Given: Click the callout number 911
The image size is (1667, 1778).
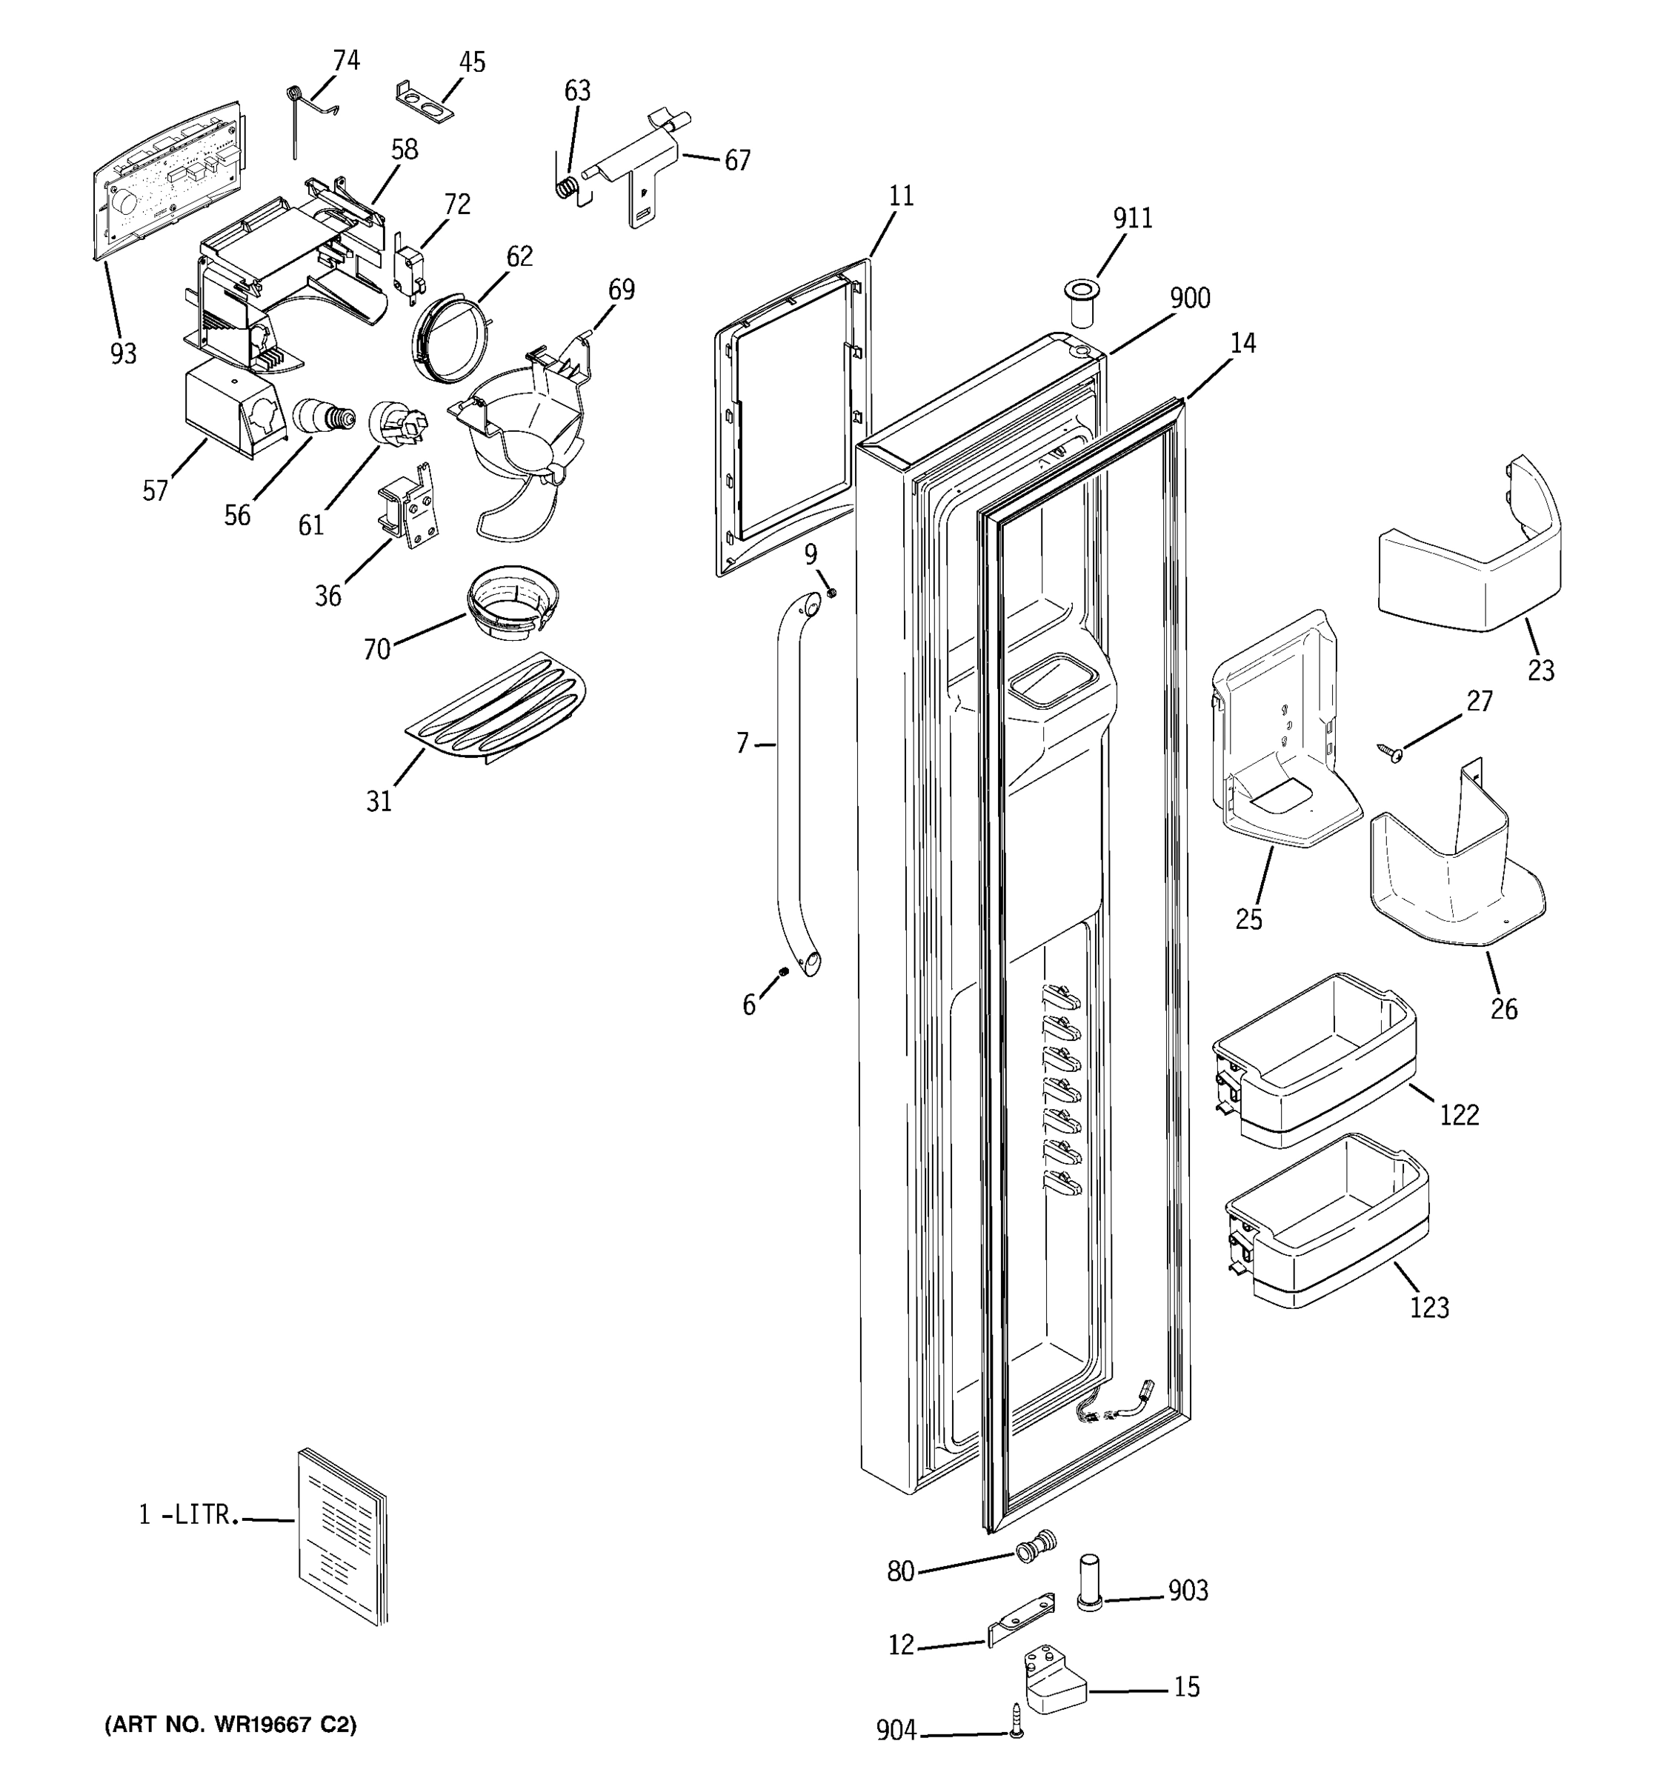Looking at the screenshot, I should click(x=1132, y=219).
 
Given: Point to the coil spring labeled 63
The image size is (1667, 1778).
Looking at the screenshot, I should click(x=566, y=189).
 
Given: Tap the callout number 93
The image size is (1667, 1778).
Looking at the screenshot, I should click(x=124, y=354).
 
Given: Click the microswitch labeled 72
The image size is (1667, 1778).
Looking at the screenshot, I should click(x=407, y=270).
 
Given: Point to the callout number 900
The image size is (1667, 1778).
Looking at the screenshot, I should click(x=1189, y=299).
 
